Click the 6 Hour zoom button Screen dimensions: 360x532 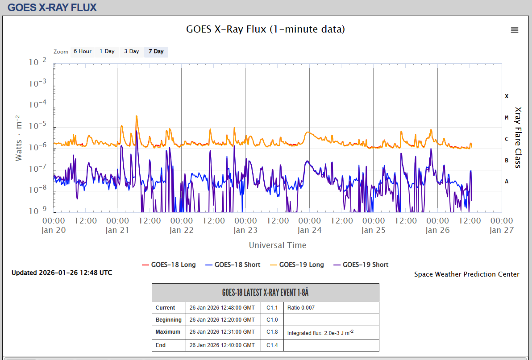click(x=83, y=51)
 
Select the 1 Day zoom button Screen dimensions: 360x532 click(x=107, y=51)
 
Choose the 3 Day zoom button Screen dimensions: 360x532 click(x=132, y=51)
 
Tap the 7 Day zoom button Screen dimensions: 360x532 click(x=156, y=51)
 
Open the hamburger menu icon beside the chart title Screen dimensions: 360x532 click(x=515, y=30)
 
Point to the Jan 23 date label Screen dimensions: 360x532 click(x=245, y=230)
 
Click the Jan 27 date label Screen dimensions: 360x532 click(x=501, y=230)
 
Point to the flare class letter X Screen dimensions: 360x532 click(x=507, y=96)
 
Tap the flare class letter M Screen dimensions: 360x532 click(x=507, y=117)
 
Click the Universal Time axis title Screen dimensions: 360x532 click(x=278, y=245)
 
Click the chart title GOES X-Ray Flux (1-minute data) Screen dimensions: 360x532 click(x=266, y=29)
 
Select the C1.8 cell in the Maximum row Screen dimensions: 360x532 click(x=272, y=332)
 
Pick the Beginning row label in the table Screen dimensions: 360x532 click(x=169, y=320)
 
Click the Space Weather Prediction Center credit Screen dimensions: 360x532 click(x=467, y=274)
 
